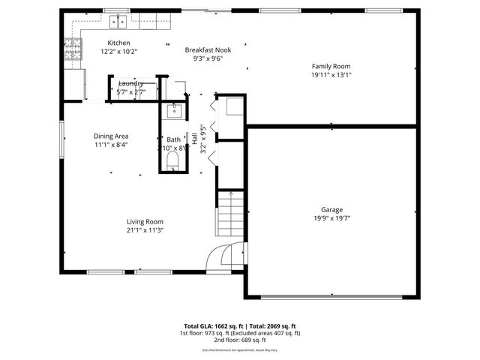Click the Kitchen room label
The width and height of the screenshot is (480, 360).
click(x=118, y=43)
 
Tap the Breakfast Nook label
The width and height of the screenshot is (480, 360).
click(x=208, y=49)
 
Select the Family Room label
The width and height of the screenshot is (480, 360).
click(x=331, y=66)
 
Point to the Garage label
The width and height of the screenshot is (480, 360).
click(x=331, y=210)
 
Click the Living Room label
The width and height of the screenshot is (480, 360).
click(x=145, y=222)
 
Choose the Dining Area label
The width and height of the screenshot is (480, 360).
click(x=111, y=136)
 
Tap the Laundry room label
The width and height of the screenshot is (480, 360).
click(x=130, y=83)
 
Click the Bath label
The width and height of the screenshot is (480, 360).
click(x=174, y=139)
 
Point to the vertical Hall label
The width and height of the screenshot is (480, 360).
click(x=194, y=140)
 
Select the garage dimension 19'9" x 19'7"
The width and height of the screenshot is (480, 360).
click(x=331, y=219)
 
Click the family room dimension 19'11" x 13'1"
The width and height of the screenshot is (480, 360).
click(x=331, y=75)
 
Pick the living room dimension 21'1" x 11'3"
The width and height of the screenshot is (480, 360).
click(x=145, y=230)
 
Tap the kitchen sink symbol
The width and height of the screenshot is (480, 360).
click(x=118, y=21)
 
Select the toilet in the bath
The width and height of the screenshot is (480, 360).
click(x=174, y=160)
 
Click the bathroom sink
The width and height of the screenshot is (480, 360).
click(x=174, y=112)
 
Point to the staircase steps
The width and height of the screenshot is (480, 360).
click(x=232, y=214)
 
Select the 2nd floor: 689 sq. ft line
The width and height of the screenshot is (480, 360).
click(x=238, y=340)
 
